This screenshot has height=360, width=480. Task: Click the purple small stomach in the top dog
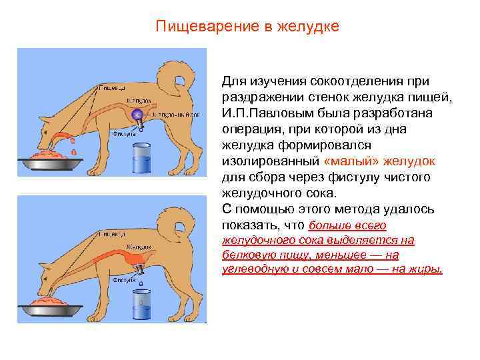(137, 114)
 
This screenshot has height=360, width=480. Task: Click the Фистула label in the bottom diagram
(123, 281)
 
